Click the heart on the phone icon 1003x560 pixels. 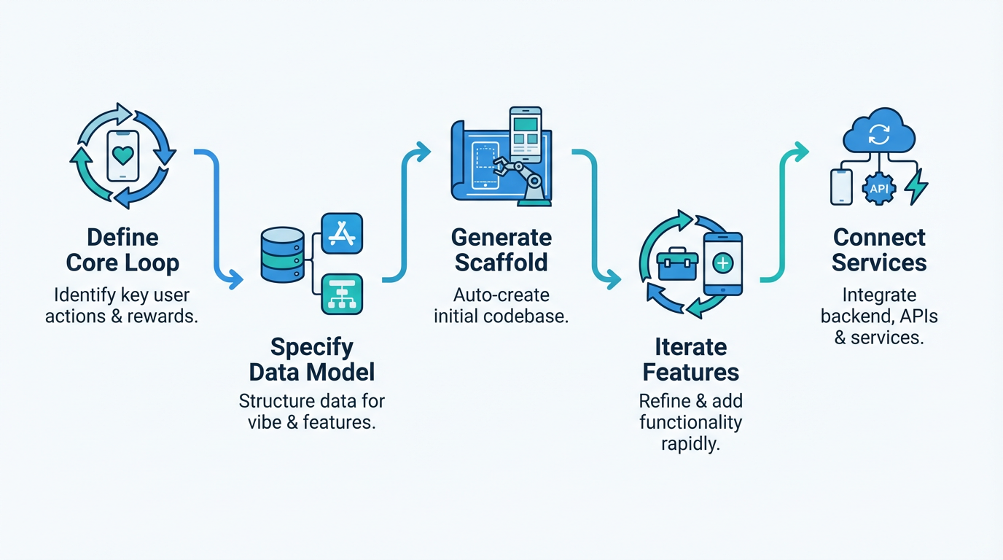(122, 155)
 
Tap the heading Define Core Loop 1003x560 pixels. (122, 250)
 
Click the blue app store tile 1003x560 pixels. (341, 233)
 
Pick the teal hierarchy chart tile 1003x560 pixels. (341, 294)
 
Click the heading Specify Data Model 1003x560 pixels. (312, 359)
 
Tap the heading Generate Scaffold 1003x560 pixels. (501, 250)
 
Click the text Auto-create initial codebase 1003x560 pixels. (501, 306)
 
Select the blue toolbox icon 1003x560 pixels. (677, 264)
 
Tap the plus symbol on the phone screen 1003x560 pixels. (722, 263)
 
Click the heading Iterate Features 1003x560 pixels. (690, 359)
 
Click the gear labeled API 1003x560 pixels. (878, 188)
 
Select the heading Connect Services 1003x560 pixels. (879, 250)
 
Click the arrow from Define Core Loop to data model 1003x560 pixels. (217, 219)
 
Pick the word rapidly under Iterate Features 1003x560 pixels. (690, 443)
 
